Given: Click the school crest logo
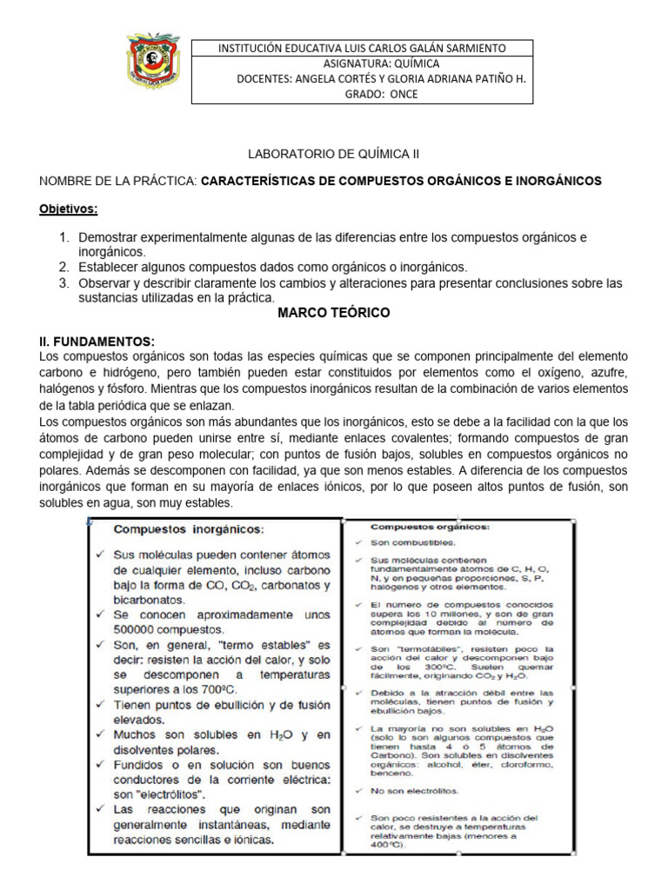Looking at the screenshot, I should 153,62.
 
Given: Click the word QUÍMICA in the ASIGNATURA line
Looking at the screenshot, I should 416,63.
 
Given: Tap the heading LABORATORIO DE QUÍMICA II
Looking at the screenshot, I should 323,153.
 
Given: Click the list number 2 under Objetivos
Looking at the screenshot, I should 63,267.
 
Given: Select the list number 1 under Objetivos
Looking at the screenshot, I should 63,237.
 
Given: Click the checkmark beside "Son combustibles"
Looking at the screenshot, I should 359,543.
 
